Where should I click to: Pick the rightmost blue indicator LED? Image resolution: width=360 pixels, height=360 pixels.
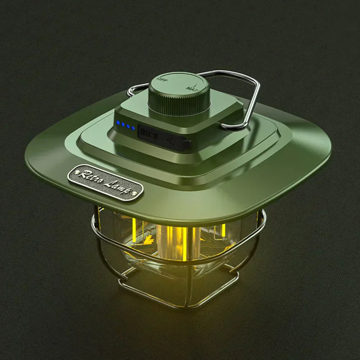133,127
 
